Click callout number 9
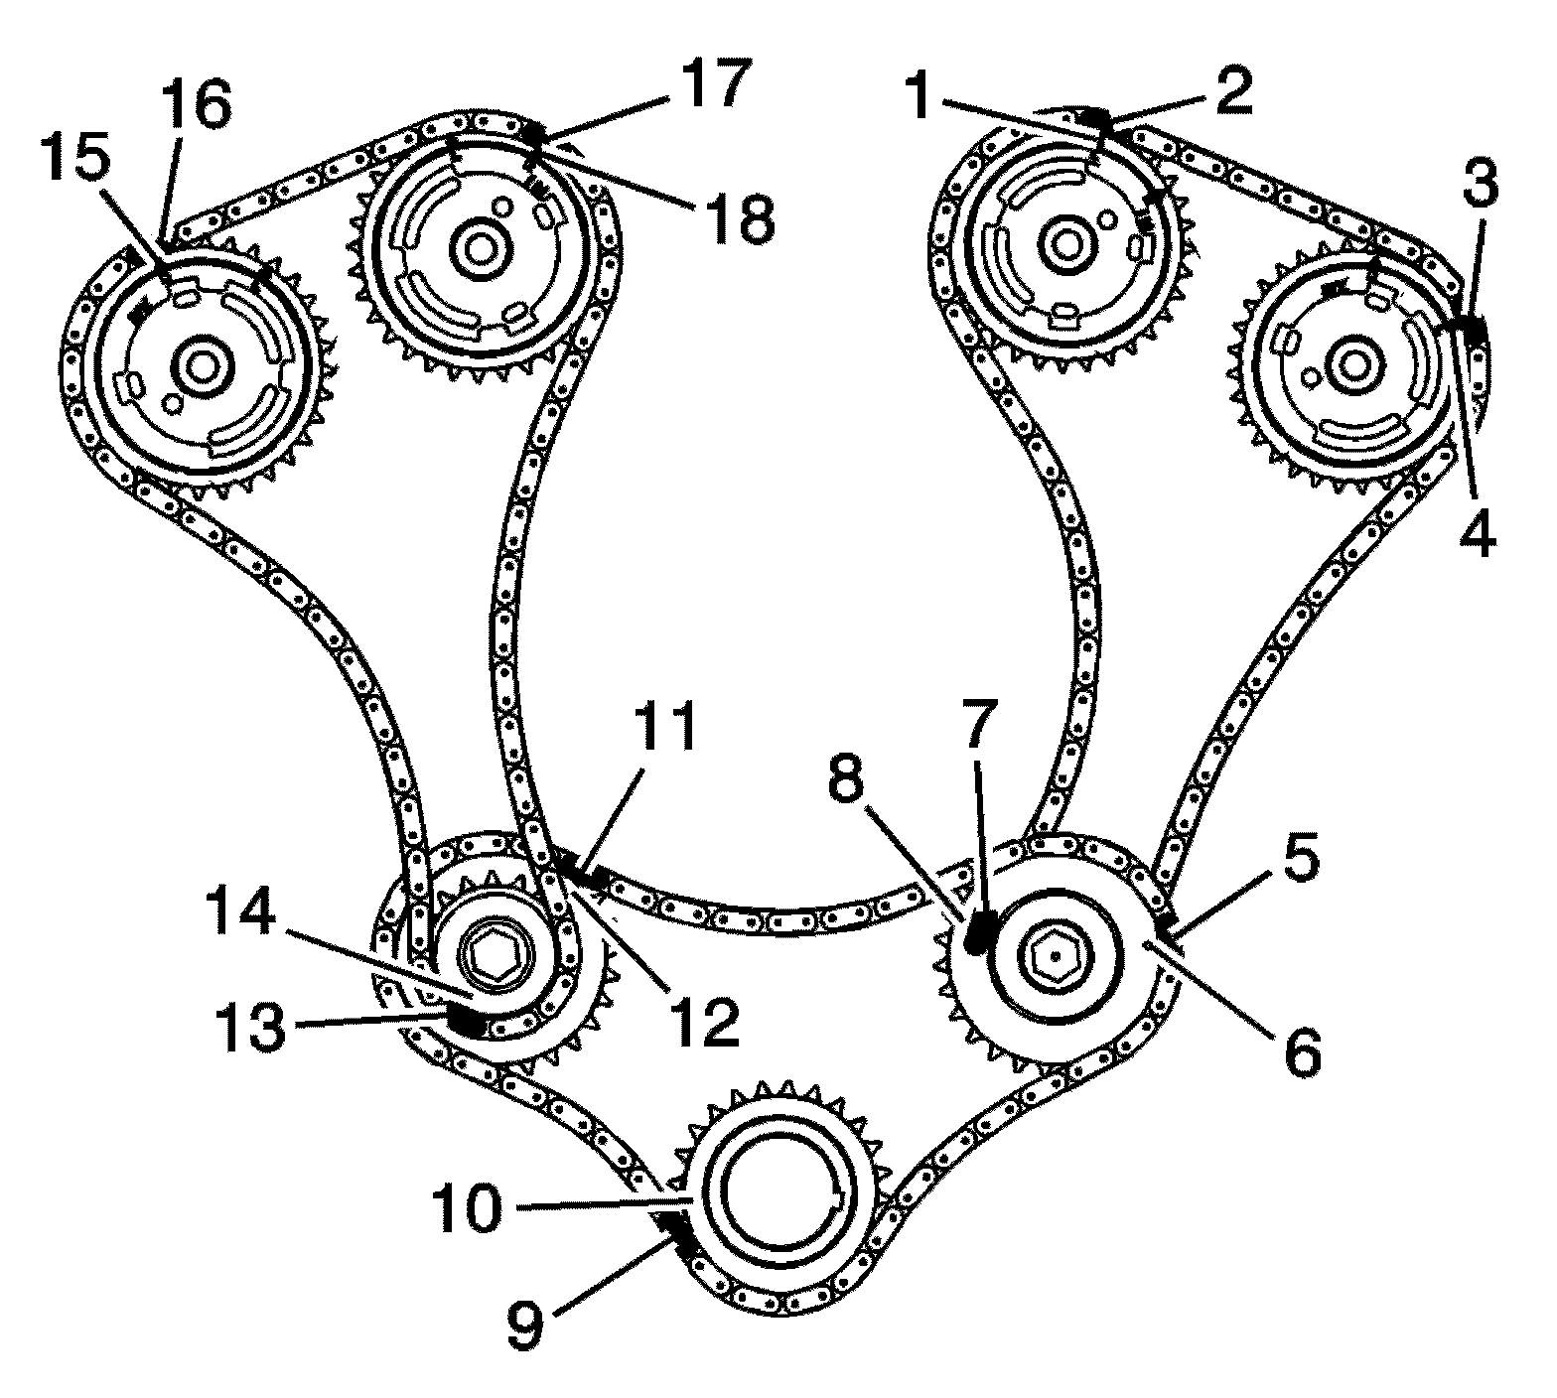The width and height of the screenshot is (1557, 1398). click(526, 1328)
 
